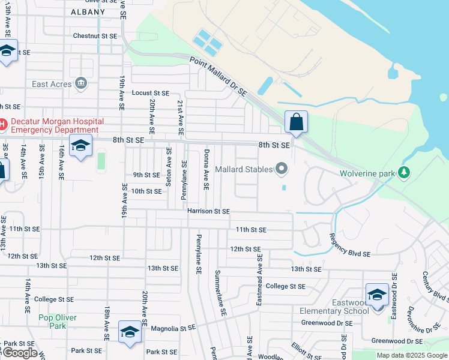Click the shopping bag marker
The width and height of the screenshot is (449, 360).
coord(296,122)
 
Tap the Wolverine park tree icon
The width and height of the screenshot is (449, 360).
coord(405,173)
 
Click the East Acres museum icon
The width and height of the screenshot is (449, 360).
coord(81,84)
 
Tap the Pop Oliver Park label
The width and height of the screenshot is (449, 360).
coord(52,322)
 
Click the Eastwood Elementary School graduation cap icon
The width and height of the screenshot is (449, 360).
coord(377,295)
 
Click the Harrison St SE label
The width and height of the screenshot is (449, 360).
coord(208,211)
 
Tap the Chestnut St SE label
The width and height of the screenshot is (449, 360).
coord(95,36)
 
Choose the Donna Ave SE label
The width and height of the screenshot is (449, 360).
coord(206,170)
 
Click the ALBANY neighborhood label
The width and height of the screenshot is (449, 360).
coord(88,12)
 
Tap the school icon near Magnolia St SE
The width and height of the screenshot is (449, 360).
coord(130,332)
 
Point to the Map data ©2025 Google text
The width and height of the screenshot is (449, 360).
coord(411,355)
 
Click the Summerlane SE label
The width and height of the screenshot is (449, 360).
coord(220,293)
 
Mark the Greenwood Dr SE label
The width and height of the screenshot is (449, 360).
coord(327,323)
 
